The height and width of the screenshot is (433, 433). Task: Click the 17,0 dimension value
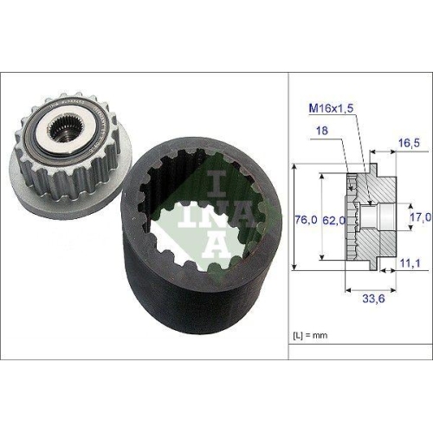[x=418, y=216]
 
